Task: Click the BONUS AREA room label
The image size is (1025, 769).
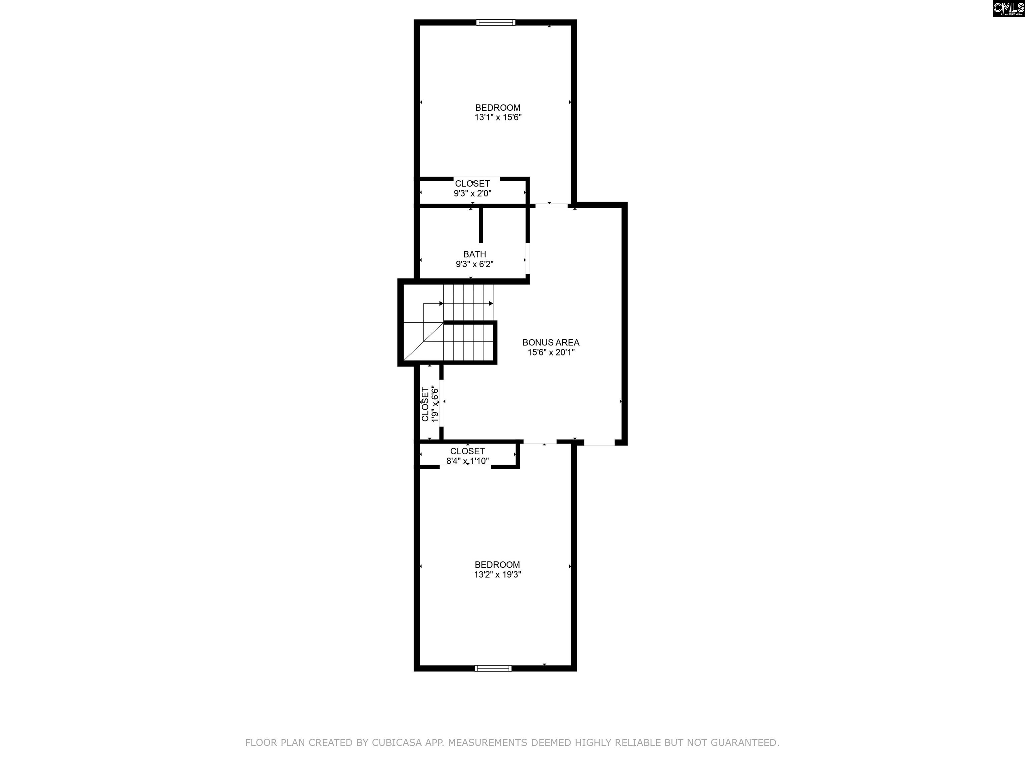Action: pos(551,342)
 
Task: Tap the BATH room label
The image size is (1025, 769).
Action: pos(474,254)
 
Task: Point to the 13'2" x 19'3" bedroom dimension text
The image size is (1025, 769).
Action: pos(497,575)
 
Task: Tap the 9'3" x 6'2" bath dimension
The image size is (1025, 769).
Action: pos(474,265)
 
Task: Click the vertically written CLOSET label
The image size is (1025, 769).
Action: pos(425,404)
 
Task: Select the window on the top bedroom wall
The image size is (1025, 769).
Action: pos(496,22)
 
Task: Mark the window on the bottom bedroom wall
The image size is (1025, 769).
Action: pos(493,669)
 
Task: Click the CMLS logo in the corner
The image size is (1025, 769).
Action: pos(1008,8)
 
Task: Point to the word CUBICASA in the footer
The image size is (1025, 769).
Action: pos(397,743)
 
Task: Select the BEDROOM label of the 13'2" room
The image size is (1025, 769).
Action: pos(497,565)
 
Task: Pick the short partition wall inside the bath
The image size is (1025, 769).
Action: pos(481,224)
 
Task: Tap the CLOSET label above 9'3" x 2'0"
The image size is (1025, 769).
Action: pos(472,184)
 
